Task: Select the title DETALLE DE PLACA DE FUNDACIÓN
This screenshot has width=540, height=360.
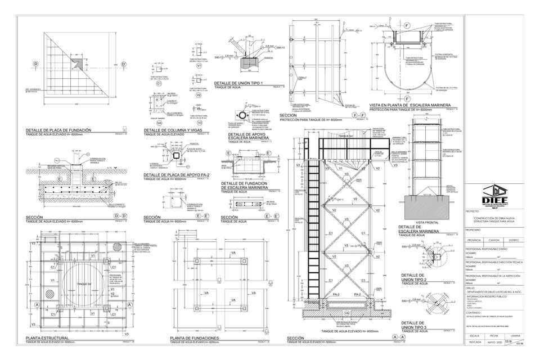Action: [58, 130]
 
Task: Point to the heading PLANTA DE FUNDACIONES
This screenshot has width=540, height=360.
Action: [194, 337]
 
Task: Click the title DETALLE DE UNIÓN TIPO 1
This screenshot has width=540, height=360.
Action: [238, 83]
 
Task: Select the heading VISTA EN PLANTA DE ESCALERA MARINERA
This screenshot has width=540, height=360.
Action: [408, 105]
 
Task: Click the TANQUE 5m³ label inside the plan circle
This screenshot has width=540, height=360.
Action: [84, 283]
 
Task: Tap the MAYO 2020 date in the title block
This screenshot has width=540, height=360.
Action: [494, 341]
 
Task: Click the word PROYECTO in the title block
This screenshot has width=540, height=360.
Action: [472, 212]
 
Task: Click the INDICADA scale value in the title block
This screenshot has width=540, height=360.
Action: [475, 341]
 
